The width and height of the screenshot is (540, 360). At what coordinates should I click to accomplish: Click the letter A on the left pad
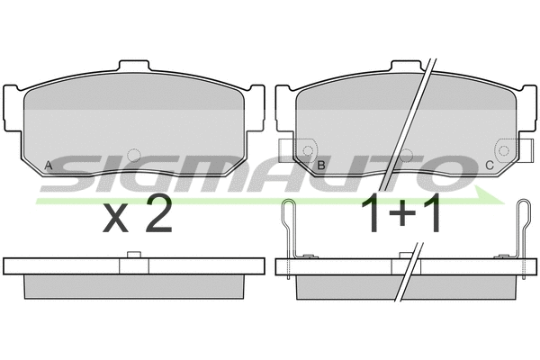49,166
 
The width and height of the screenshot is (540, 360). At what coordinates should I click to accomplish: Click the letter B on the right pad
321,166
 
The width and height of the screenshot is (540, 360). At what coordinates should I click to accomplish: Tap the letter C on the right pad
490,166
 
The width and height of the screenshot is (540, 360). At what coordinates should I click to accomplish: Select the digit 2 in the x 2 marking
158,212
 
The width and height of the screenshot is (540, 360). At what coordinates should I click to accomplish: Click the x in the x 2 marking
116,219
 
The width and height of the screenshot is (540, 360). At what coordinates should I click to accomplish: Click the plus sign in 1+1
402,213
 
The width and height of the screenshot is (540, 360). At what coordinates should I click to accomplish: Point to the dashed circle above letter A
134,156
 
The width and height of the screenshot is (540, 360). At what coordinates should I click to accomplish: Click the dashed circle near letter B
308,150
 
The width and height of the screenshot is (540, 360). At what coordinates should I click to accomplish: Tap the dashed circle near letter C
504,150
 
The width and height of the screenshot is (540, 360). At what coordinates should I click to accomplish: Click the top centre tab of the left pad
134,66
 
